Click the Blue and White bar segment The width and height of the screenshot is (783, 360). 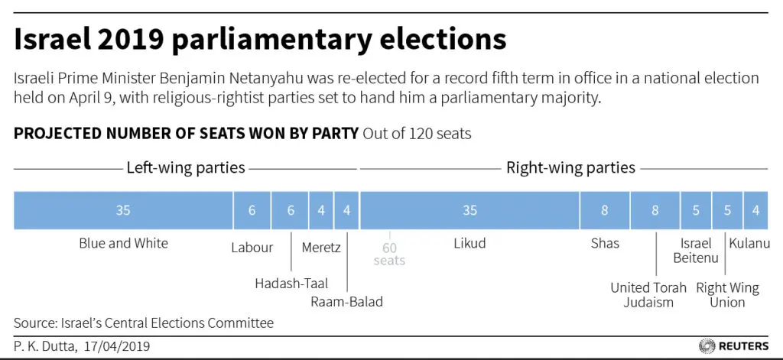(123, 211)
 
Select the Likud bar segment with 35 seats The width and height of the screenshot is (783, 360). (469, 211)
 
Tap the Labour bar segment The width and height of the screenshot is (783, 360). (252, 211)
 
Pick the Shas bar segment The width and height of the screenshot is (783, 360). (604, 211)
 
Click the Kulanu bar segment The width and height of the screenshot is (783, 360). (755, 211)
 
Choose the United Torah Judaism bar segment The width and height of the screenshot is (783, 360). (655, 211)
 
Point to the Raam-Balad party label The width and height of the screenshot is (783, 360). (346, 301)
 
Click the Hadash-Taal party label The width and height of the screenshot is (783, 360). (291, 283)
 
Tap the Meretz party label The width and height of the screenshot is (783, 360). (321, 247)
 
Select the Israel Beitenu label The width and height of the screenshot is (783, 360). (696, 251)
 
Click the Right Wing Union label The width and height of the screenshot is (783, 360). (727, 295)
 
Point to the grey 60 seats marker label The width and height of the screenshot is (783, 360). (389, 254)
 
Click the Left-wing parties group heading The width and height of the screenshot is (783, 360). (186, 167)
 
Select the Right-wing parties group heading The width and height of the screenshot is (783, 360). (570, 167)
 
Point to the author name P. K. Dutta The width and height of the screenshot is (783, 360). (44, 346)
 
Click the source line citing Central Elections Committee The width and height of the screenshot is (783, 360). (143, 323)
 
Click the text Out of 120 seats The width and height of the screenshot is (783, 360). (417, 134)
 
